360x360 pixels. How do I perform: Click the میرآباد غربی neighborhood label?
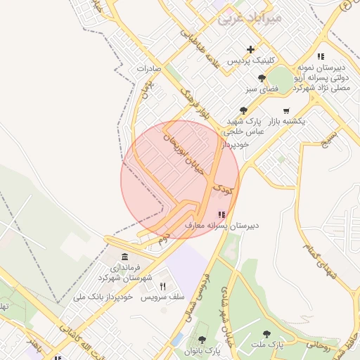click(x=250, y=18)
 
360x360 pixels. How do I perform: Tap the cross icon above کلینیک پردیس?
click(x=251, y=49)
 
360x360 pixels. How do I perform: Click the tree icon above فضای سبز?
click(x=262, y=78)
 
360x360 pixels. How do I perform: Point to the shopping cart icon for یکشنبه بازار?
click(x=285, y=110)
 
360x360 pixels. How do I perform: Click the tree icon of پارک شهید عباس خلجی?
click(x=243, y=110)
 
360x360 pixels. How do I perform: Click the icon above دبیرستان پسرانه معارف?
click(x=221, y=214)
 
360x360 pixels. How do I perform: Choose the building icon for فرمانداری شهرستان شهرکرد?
click(x=124, y=256)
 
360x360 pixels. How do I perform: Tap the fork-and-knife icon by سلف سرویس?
click(x=163, y=286)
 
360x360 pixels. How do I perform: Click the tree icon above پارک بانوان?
click(x=202, y=339)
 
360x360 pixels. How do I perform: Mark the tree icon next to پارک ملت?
click(x=266, y=334)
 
